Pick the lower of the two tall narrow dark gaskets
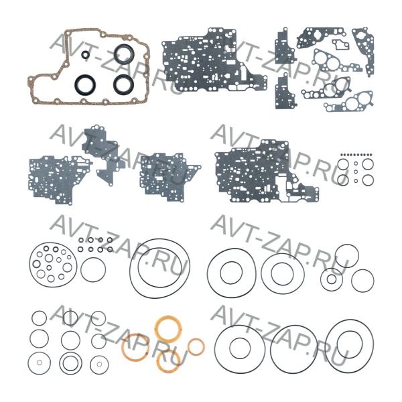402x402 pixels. tap(285, 92)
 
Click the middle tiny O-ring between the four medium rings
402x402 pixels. tap(356, 172)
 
